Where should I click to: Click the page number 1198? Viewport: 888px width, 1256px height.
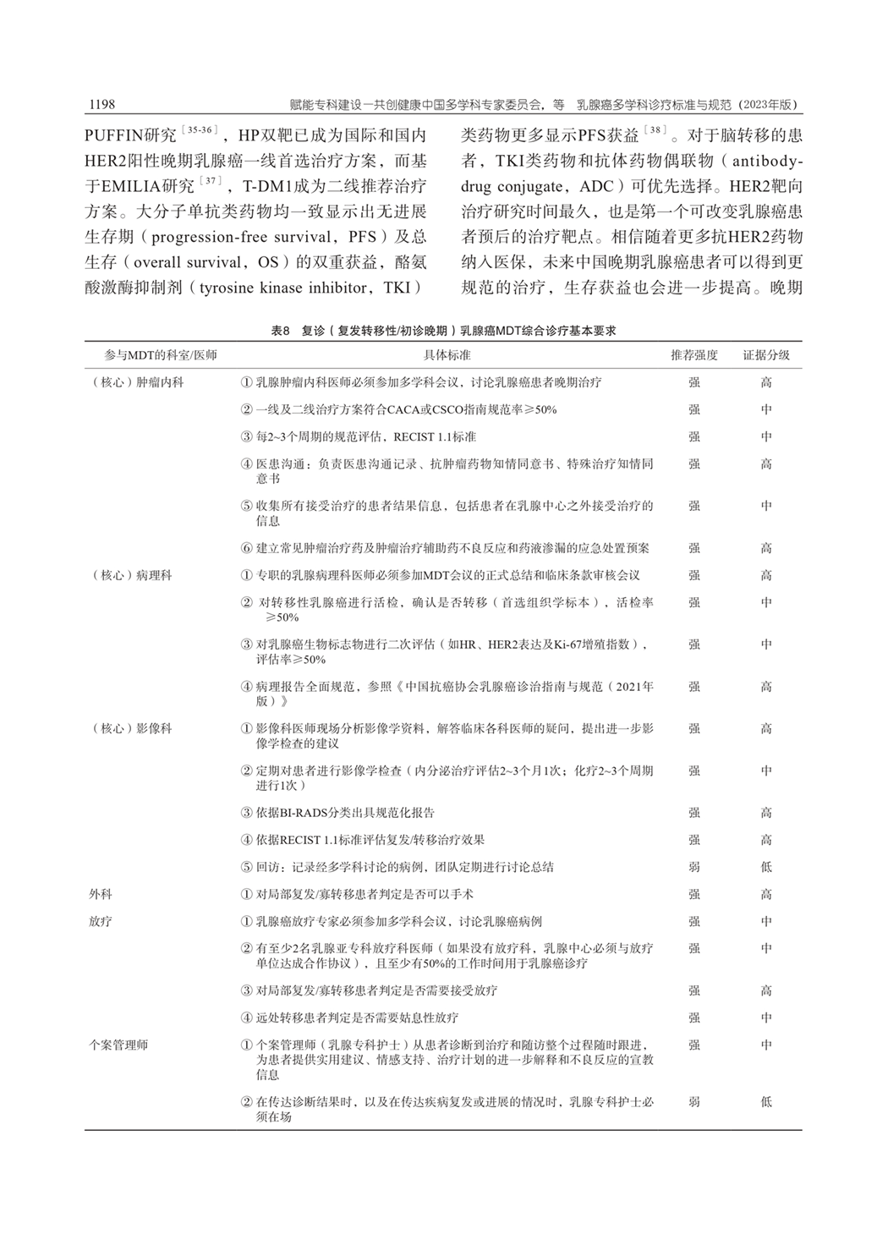point(101,104)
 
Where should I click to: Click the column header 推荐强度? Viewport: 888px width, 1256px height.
point(693,355)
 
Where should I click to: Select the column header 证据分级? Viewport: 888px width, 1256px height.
point(765,355)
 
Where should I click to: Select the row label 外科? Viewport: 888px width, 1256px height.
point(100,894)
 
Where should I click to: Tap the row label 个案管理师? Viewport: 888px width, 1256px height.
point(118,1045)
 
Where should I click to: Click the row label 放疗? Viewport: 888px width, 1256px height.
point(100,921)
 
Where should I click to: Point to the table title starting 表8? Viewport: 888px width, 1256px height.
point(443,331)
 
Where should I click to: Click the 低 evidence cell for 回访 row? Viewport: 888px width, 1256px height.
point(765,867)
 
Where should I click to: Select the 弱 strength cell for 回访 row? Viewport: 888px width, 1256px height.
point(693,867)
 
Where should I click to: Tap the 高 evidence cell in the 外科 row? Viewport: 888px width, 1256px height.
point(765,894)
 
